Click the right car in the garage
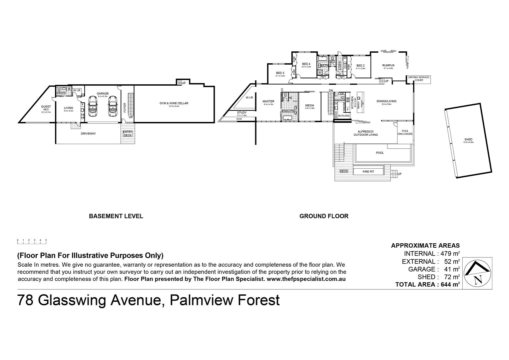tap(113, 106)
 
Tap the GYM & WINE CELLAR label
tap(174, 103)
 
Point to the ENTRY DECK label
tap(128, 133)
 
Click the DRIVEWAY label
tap(88, 134)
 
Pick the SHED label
tap(468, 140)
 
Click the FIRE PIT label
tap(368, 172)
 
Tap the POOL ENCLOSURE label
tap(405, 132)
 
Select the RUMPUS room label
tap(388, 65)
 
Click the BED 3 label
tap(280, 73)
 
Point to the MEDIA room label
tap(310, 105)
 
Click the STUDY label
tap(242, 113)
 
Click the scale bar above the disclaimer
tap(32, 240)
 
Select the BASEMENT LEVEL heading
tap(116, 216)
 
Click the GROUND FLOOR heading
tap(324, 216)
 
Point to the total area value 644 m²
tap(448, 284)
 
